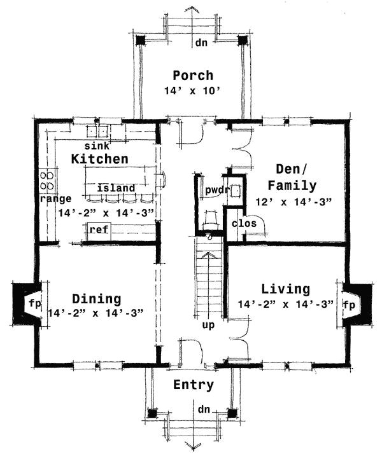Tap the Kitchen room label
[100, 158]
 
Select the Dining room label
[96, 298]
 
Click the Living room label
[285, 289]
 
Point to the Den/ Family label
[292, 177]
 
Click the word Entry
[194, 385]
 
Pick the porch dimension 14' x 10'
[192, 92]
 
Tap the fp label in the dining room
[35, 303]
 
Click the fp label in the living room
[349, 304]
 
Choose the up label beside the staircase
[208, 325]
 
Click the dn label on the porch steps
[201, 43]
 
